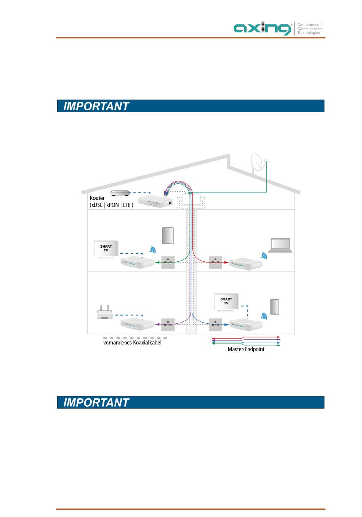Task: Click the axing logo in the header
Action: point(263,29)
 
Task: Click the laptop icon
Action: point(280,245)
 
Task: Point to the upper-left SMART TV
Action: point(106,249)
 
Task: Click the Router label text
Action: point(97,198)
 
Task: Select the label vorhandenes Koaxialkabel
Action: point(132,343)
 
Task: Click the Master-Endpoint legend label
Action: point(246,349)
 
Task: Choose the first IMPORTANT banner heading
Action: point(96,106)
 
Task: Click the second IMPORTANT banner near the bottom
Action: point(96,402)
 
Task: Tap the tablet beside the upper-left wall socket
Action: point(168,235)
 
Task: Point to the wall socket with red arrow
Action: point(215,262)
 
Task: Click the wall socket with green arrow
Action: point(168,262)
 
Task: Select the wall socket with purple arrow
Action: point(168,325)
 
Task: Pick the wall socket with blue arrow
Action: point(215,325)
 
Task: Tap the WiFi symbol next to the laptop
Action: point(264,256)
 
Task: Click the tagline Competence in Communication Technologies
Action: point(310,29)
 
